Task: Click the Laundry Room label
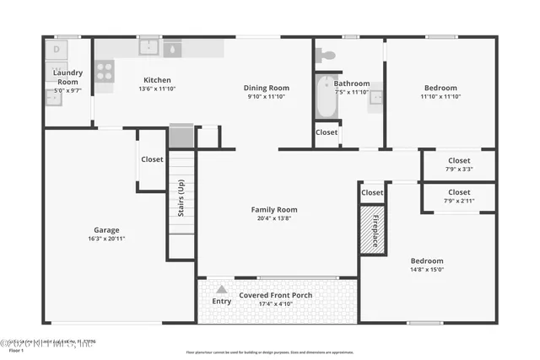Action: pos(67,78)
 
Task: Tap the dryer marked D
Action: pos(57,50)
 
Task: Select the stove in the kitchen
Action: pos(105,72)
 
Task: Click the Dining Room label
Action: pos(267,88)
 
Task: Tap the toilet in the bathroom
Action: pos(325,55)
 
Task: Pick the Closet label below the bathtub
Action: pos(327,132)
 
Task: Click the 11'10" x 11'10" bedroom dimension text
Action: pos(440,97)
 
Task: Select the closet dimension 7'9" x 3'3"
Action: pos(459,169)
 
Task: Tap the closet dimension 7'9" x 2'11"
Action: pos(459,201)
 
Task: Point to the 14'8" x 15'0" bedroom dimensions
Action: pos(427,270)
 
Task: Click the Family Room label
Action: pos(274,209)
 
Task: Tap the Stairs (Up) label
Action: pos(181,198)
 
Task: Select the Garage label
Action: pos(106,230)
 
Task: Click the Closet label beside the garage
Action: pos(152,159)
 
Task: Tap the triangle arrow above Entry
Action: pos(221,289)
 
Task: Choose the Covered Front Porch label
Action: pos(275,295)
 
